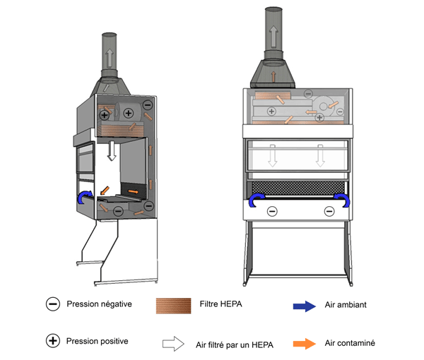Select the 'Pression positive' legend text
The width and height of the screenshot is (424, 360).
coord(98,341)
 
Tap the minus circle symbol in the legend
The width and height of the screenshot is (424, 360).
coord(52,305)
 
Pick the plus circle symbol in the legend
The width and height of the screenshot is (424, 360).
coord(52,341)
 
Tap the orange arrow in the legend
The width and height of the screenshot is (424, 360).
coord(305,344)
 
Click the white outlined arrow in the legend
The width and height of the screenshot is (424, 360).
coord(173,344)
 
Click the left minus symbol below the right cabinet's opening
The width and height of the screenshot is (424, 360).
coord(272,212)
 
